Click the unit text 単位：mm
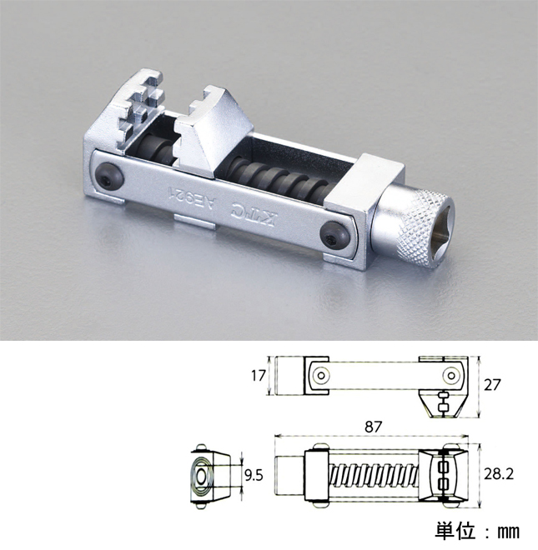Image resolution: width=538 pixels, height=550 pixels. click(x=476, y=530)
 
